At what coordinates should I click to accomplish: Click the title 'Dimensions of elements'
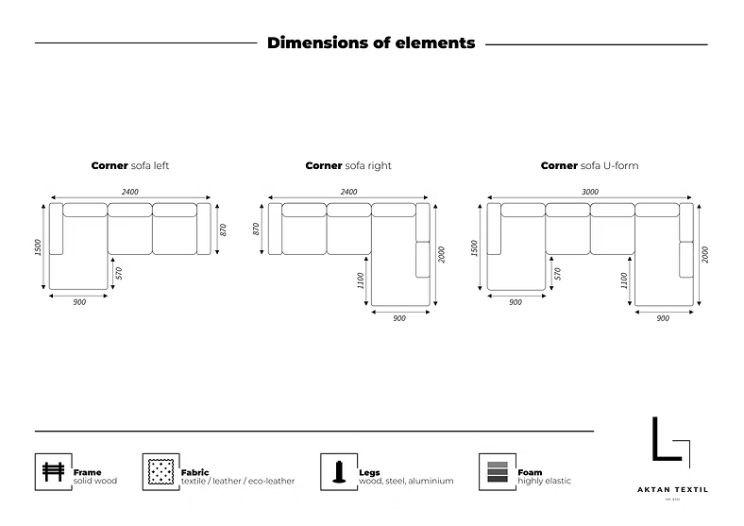click(371, 42)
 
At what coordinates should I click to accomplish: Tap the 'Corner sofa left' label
click(129, 165)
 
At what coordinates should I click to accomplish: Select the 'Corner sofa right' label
click(348, 165)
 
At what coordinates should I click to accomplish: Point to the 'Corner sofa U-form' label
click(589, 165)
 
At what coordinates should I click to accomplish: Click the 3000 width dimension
click(590, 192)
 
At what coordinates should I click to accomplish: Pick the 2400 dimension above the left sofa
click(129, 192)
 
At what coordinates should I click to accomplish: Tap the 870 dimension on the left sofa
click(223, 229)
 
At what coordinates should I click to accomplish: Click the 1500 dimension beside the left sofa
click(37, 246)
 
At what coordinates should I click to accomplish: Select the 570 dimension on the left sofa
click(120, 273)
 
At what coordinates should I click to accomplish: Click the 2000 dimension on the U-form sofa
click(705, 254)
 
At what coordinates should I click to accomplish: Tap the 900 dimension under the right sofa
click(399, 318)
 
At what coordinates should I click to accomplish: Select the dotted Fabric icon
click(159, 470)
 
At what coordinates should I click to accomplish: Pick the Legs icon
click(336, 470)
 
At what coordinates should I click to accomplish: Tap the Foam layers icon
click(495, 470)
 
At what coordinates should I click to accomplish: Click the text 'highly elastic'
click(544, 481)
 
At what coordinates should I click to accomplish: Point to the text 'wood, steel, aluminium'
click(406, 481)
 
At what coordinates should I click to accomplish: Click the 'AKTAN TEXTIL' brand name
click(673, 490)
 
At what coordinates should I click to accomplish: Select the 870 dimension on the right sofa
click(256, 229)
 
